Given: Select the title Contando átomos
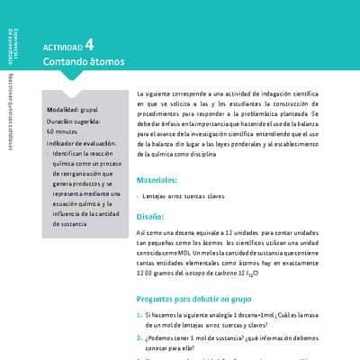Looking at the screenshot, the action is (84, 63).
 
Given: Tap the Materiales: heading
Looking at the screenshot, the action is (157, 180).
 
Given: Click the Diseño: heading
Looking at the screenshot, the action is (150, 217).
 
